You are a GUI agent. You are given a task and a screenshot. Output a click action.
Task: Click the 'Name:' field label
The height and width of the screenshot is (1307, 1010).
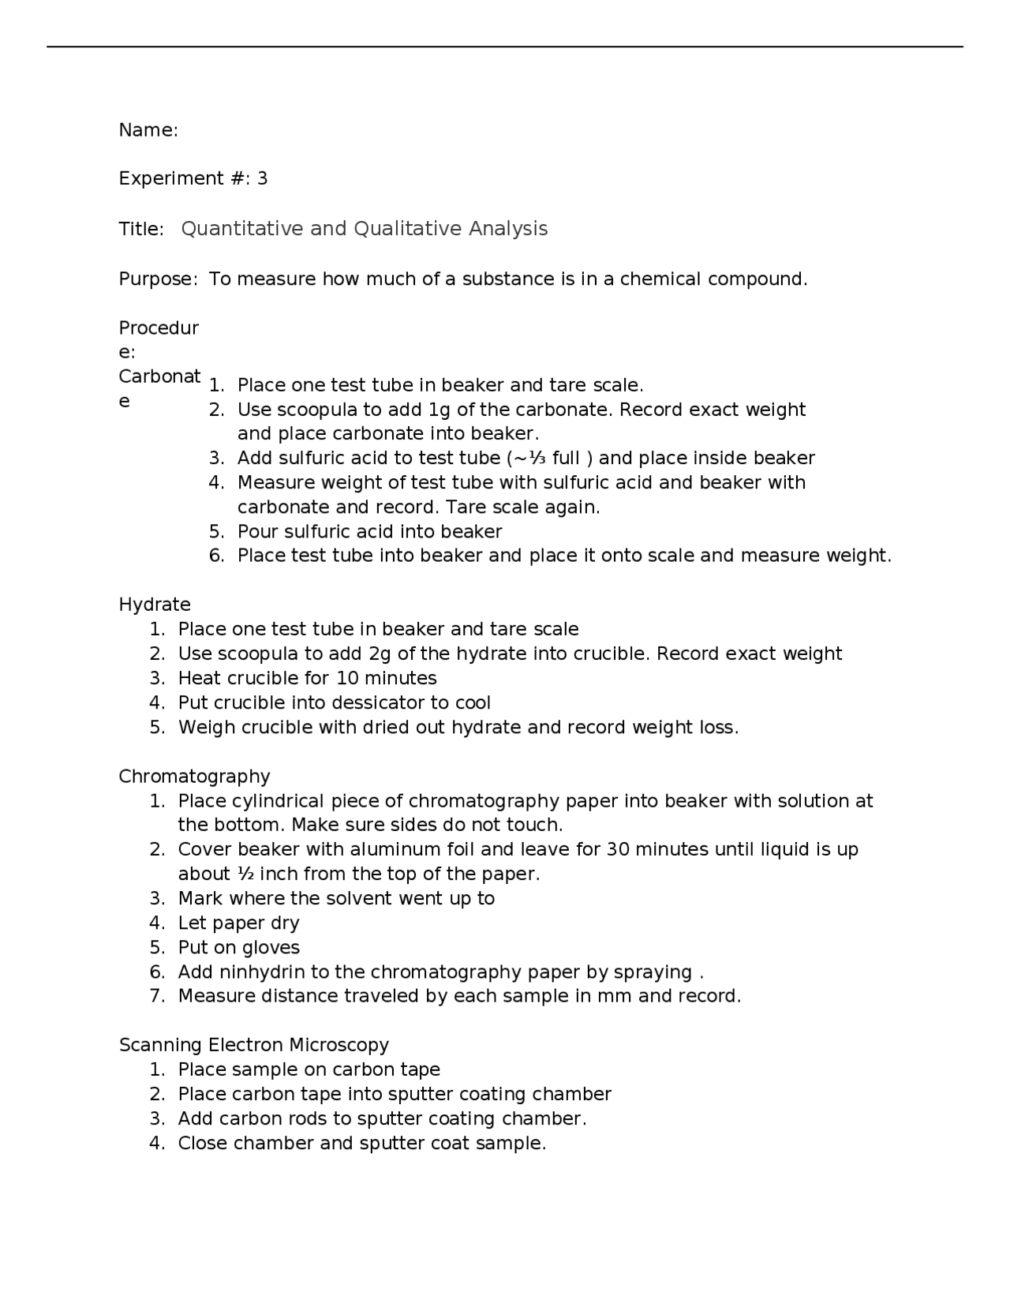tap(148, 130)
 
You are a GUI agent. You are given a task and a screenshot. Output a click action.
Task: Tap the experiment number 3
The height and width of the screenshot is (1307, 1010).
tap(262, 178)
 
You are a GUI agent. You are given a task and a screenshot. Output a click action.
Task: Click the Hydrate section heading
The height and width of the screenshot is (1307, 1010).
tap(155, 605)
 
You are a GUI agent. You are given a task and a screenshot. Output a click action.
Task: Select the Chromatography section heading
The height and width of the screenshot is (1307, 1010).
tap(194, 776)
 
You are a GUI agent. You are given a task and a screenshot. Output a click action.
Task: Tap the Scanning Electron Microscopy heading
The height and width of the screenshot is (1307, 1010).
tap(253, 1045)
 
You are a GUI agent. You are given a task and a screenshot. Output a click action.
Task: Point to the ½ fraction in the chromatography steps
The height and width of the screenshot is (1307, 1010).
tap(245, 874)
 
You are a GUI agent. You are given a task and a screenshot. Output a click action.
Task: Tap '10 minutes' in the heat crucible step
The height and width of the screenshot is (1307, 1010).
tap(386, 678)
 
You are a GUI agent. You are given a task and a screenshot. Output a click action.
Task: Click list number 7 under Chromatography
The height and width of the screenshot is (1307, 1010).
tap(156, 996)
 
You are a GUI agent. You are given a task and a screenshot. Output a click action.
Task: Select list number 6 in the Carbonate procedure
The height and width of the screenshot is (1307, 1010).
tap(216, 556)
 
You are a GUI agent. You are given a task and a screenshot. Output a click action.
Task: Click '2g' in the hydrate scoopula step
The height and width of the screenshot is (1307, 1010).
tap(380, 653)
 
